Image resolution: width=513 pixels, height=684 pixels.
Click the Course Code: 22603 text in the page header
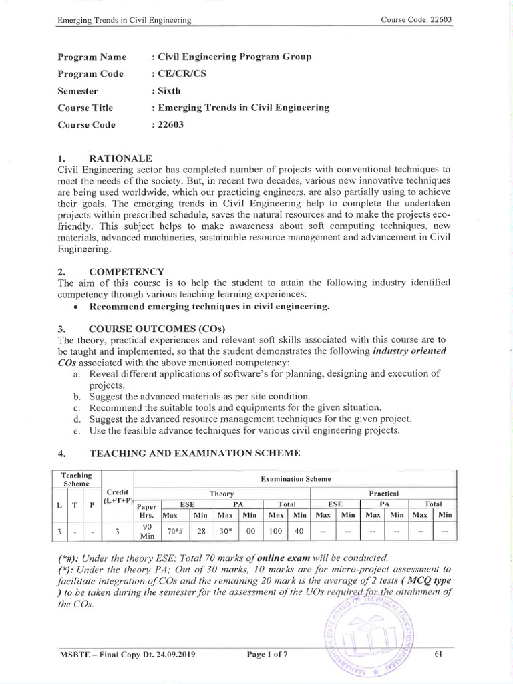coord(416,19)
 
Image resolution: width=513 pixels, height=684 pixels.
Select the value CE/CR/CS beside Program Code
coord(179,73)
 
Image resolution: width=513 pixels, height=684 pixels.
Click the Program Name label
coord(92,57)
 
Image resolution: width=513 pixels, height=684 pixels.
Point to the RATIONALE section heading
coord(121,158)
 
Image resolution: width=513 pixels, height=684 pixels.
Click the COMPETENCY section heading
coord(126,271)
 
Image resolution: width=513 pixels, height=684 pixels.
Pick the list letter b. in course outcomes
coord(77,396)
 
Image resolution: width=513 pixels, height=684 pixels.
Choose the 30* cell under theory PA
coord(224,532)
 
